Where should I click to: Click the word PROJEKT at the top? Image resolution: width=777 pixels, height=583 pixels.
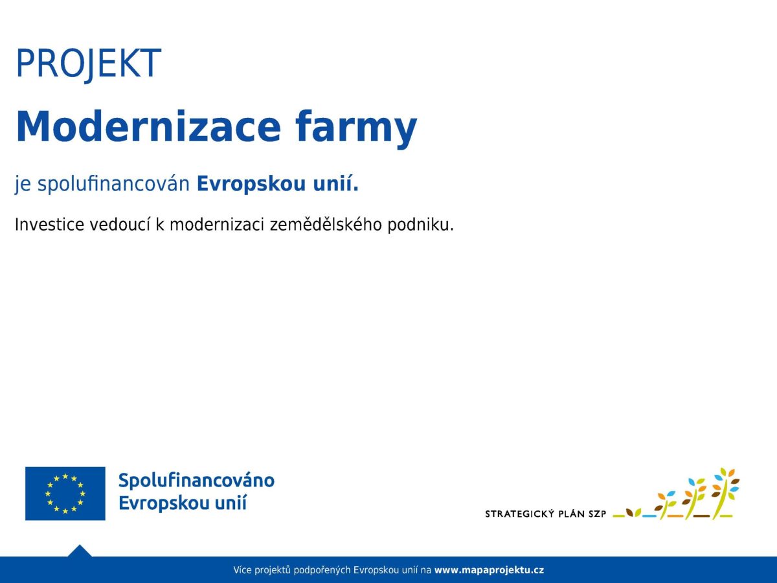pos(89,63)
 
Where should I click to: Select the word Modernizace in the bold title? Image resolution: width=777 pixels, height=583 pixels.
pos(148,126)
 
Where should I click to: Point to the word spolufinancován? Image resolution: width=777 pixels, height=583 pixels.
pos(113,185)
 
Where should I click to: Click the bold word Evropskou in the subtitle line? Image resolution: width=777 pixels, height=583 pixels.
pos(251,184)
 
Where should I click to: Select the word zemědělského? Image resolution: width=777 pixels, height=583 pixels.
pos(326,224)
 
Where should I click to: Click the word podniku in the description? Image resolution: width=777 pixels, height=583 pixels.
pos(418,225)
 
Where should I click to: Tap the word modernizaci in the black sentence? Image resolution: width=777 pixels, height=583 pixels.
pos(217,224)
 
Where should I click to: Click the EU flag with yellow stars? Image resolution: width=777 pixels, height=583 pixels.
pos(65,494)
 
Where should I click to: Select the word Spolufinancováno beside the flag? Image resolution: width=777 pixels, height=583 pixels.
pos(196,481)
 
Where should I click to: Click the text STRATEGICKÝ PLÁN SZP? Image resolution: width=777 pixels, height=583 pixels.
pos(545,514)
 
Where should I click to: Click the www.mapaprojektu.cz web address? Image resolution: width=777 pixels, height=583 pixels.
pos(490,570)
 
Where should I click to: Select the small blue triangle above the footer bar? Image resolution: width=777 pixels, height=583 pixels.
pos(80,551)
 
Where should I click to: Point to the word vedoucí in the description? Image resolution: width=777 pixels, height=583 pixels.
pos(120,224)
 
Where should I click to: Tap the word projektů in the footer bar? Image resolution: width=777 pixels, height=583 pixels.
pos(273,570)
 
